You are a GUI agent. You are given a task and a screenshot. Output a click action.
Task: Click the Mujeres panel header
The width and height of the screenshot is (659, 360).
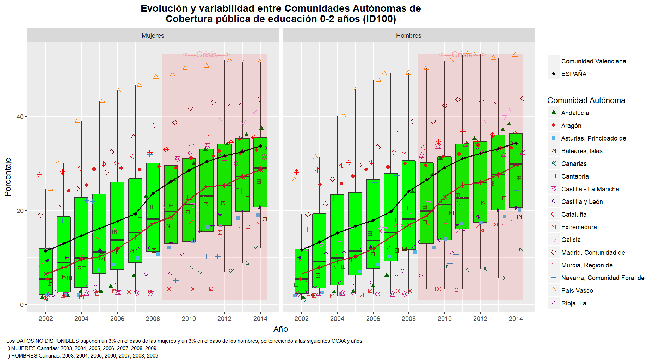click(x=153, y=35)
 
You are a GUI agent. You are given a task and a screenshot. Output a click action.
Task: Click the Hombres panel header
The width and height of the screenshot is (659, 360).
click(x=408, y=35)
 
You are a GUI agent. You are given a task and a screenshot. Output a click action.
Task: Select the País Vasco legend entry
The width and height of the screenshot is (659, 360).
click(x=577, y=290)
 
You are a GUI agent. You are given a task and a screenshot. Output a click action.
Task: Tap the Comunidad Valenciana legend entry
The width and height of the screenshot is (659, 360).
click(x=593, y=61)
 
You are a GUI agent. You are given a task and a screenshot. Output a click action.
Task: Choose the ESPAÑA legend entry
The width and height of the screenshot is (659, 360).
click(x=574, y=74)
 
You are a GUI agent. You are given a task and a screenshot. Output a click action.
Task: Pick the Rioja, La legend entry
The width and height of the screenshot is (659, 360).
click(x=574, y=303)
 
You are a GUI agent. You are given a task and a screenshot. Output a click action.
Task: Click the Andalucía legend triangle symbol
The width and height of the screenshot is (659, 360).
click(x=554, y=112)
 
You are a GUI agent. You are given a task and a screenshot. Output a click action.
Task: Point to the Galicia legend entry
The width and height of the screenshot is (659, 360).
click(x=571, y=240)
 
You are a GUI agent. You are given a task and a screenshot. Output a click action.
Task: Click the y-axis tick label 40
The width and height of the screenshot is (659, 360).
click(x=20, y=117)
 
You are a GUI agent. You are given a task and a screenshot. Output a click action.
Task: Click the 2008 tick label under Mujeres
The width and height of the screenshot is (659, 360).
click(x=153, y=318)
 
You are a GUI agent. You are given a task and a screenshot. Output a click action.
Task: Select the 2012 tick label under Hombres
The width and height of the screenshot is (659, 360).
click(x=480, y=318)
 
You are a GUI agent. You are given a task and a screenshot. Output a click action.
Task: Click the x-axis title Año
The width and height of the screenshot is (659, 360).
click(x=281, y=329)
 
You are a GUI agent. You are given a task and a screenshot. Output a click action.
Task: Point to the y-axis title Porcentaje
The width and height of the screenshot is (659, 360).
click(x=8, y=177)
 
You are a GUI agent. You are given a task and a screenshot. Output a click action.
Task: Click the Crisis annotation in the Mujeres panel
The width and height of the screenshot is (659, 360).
click(x=207, y=55)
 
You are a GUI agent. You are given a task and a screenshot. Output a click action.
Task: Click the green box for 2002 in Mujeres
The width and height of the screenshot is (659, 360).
click(x=45, y=271)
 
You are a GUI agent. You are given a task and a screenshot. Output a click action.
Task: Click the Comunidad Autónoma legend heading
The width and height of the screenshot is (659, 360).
click(x=586, y=100)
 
